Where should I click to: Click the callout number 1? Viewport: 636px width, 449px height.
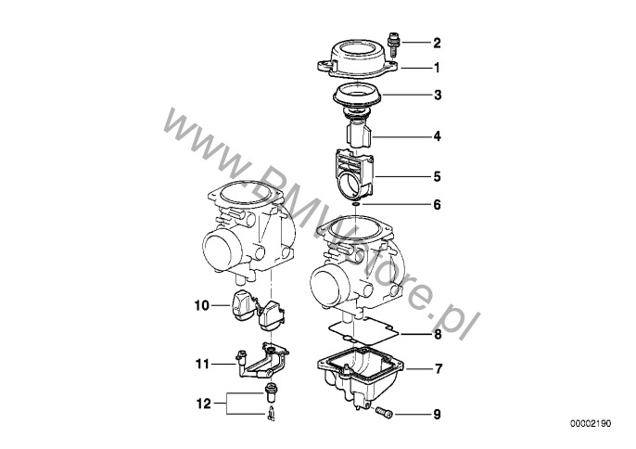click(438, 68)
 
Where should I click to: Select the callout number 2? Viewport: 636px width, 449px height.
click(438, 43)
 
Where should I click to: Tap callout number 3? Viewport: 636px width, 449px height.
click(438, 96)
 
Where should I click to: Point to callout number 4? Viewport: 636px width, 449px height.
click(438, 137)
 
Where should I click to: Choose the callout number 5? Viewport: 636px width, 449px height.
click(438, 174)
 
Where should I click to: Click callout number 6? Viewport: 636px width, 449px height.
click(438, 204)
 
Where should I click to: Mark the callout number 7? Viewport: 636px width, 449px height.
click(438, 369)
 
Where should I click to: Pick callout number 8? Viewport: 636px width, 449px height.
click(438, 334)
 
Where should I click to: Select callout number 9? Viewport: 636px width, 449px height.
click(438, 414)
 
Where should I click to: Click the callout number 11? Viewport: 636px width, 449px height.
click(202, 365)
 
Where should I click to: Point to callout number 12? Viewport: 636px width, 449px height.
click(202, 403)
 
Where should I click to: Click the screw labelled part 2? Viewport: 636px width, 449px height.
click(397, 42)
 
